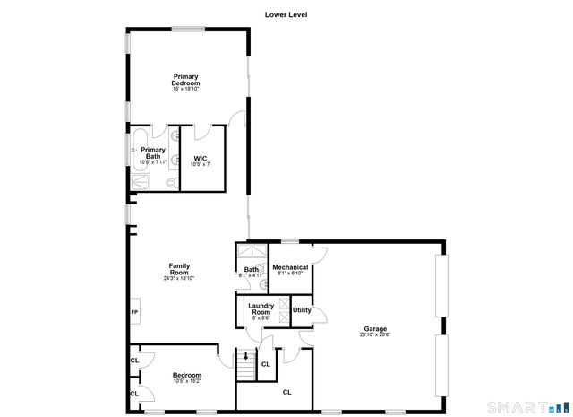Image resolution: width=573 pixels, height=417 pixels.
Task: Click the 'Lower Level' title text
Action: coord(286,14)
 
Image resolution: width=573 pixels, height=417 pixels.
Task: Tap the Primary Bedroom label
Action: coord(186,80)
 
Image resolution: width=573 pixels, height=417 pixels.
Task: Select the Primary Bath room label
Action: coord(153,153)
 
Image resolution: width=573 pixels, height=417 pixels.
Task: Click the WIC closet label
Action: coord(201,159)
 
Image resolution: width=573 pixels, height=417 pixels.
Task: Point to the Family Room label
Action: coord(179,268)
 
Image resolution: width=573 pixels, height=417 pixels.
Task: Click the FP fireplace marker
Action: coord(135,312)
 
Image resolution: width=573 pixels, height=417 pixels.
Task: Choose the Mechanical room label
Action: coord(290,267)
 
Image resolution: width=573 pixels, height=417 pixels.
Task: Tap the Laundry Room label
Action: coord(261,308)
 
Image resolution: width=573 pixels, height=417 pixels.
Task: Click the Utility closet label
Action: coord(302,310)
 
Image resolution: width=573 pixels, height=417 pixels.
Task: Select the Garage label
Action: coord(375,328)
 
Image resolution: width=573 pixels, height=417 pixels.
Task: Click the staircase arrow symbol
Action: coord(246,356)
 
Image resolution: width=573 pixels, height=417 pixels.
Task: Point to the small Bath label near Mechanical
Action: coord(251,269)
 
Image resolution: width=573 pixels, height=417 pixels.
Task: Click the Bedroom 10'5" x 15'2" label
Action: coord(186,375)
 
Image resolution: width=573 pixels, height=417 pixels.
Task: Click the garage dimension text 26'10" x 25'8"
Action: coord(375,334)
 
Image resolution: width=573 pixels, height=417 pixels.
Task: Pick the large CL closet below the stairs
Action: coord(287,392)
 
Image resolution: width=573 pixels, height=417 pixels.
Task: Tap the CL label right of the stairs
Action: coord(265,364)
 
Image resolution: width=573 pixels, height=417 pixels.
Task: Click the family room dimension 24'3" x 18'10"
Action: coord(179,278)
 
